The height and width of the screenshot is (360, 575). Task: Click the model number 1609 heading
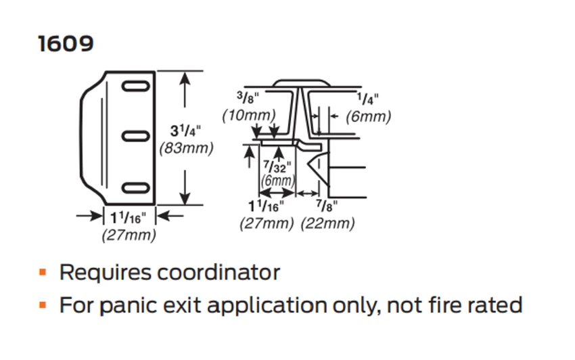point(66,44)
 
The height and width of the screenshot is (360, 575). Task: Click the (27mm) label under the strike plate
point(129,235)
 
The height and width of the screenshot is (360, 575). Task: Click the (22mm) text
point(327,223)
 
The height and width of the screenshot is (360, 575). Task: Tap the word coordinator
point(218,273)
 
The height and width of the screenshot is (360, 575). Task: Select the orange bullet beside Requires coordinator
point(43,273)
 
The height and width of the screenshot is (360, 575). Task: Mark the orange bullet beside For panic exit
point(43,305)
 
